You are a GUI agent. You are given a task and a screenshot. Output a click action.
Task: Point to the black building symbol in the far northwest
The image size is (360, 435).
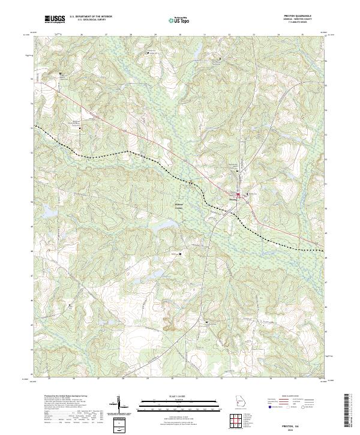61,74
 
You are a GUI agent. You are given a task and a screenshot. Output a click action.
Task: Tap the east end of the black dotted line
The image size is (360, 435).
323,250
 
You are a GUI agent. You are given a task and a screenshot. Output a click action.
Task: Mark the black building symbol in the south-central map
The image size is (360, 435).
208,323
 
